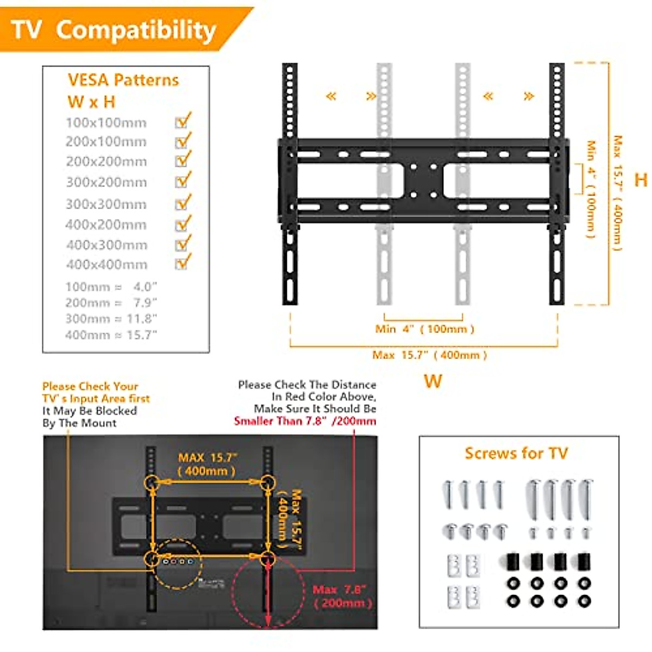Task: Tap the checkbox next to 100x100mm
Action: (x=182, y=122)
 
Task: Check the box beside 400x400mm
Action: (x=182, y=264)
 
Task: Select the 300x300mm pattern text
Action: (x=106, y=204)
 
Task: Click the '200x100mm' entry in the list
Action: (x=106, y=142)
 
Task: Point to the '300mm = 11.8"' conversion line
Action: (x=111, y=319)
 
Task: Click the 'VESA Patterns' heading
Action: (x=123, y=80)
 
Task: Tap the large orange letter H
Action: (x=641, y=180)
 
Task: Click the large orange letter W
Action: (x=432, y=381)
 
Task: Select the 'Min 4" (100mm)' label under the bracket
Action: (x=424, y=329)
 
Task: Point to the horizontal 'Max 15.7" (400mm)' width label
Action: (x=429, y=355)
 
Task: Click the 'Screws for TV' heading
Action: (x=516, y=453)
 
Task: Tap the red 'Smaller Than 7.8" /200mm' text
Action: (x=305, y=421)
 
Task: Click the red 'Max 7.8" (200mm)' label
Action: (x=342, y=596)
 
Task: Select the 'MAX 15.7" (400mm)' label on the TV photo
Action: (x=207, y=465)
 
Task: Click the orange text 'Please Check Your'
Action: (x=90, y=386)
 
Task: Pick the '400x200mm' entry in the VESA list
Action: (x=106, y=224)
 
